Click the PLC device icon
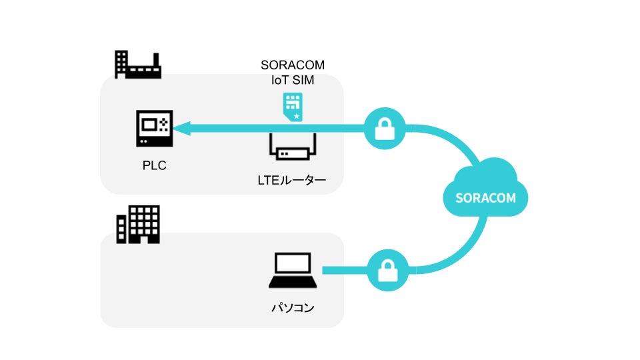pyautogui.click(x=154, y=128)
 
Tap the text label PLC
pyautogui.click(x=154, y=165)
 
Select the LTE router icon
pyautogui.click(x=292, y=147)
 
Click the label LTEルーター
pyautogui.click(x=292, y=180)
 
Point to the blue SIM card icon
pyautogui.click(x=293, y=107)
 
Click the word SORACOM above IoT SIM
pyautogui.click(x=293, y=65)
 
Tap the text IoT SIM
pyautogui.click(x=293, y=80)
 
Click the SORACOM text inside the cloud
pyautogui.click(x=485, y=198)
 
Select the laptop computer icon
pyautogui.click(x=293, y=270)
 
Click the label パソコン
pyautogui.click(x=293, y=307)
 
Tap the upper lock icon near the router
pyautogui.click(x=385, y=129)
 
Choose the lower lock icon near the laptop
pyautogui.click(x=388, y=270)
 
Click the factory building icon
pyautogui.click(x=138, y=65)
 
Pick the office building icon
pyautogui.click(x=138, y=225)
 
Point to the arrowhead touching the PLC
pyautogui.click(x=181, y=128)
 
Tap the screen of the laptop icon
pyautogui.click(x=293, y=263)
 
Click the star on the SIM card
pyautogui.click(x=297, y=116)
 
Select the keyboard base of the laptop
pyautogui.click(x=293, y=282)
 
